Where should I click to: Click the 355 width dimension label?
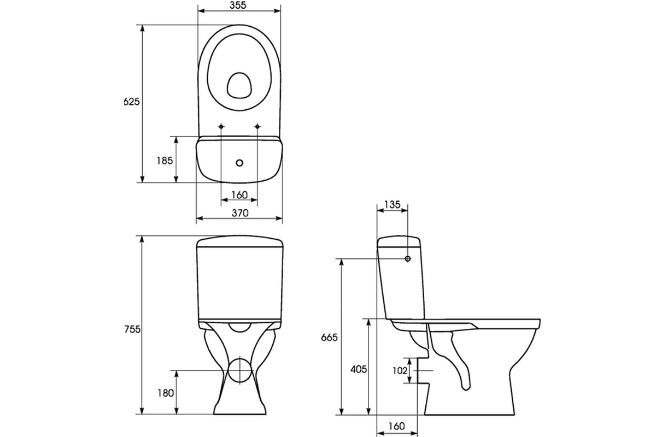click(x=238, y=5)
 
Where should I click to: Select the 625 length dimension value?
click(x=132, y=102)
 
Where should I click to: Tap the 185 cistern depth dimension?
click(x=165, y=161)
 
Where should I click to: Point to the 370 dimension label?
click(x=240, y=213)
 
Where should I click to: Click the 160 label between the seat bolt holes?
click(x=239, y=195)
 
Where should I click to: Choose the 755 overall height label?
click(x=132, y=329)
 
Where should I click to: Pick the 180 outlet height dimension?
click(x=166, y=393)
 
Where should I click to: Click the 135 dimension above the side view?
click(x=392, y=205)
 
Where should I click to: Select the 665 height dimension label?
click(x=329, y=338)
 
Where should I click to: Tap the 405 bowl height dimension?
click(x=359, y=369)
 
